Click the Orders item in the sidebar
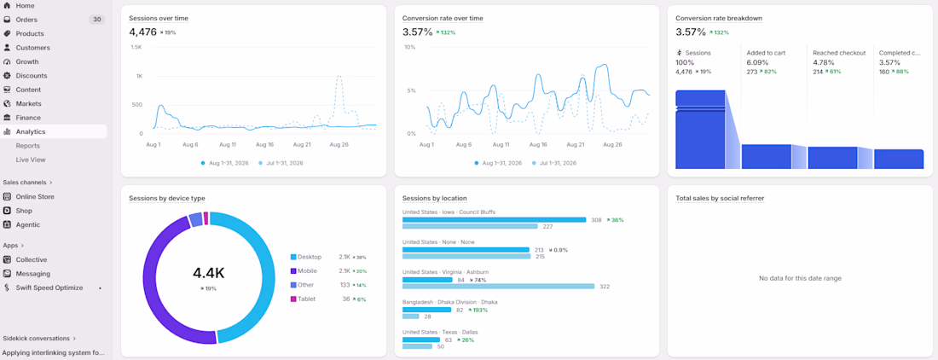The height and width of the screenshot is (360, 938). pyautogui.click(x=26, y=20)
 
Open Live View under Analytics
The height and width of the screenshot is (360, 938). pyautogui.click(x=31, y=160)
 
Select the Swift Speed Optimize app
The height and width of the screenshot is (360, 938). pyautogui.click(x=49, y=287)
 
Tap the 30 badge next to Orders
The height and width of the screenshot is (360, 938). pyautogui.click(x=97, y=20)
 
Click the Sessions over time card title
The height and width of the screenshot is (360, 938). pyautogui.click(x=159, y=18)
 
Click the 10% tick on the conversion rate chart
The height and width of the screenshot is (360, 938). pyautogui.click(x=410, y=47)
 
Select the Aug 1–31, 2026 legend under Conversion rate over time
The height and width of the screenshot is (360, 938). pyautogui.click(x=499, y=163)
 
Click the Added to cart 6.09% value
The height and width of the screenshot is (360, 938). pyautogui.click(x=757, y=62)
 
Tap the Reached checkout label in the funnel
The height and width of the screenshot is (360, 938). pyautogui.click(x=839, y=53)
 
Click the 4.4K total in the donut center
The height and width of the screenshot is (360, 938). pyautogui.click(x=209, y=273)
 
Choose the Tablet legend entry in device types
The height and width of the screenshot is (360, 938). pyautogui.click(x=303, y=299)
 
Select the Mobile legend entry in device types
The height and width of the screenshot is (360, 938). pyautogui.click(x=305, y=271)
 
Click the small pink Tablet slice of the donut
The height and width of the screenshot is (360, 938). pyautogui.click(x=206, y=218)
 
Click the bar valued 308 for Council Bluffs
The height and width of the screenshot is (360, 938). pyautogui.click(x=494, y=220)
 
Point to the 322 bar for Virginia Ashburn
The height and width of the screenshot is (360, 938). pyautogui.click(x=498, y=287)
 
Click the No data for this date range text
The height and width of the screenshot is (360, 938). pyautogui.click(x=800, y=278)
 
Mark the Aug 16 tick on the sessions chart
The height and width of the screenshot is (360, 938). pyautogui.click(x=263, y=145)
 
